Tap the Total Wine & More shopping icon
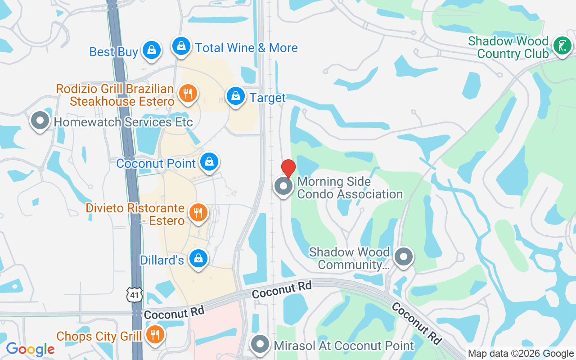[x=181, y=46]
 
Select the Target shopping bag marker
[x=235, y=96]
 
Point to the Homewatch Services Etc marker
[x=40, y=121]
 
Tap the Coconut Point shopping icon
[x=209, y=162]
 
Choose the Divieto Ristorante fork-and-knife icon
[x=198, y=212]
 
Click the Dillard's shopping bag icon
[x=198, y=259]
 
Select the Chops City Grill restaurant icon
[x=155, y=335]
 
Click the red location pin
[x=288, y=169]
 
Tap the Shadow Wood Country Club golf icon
[x=562, y=46]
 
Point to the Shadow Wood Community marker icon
[x=404, y=257]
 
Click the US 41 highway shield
[x=135, y=295]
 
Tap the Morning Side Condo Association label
[x=350, y=188]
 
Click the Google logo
[x=30, y=349]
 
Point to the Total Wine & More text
[x=246, y=48]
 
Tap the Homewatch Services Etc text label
[x=123, y=122]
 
